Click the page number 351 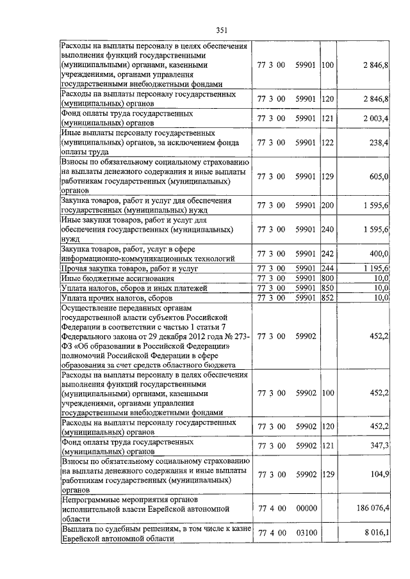click(x=222, y=28)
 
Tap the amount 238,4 click(x=379, y=142)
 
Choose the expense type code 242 click(x=328, y=254)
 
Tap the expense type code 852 click(x=328, y=297)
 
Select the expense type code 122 click(x=328, y=142)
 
